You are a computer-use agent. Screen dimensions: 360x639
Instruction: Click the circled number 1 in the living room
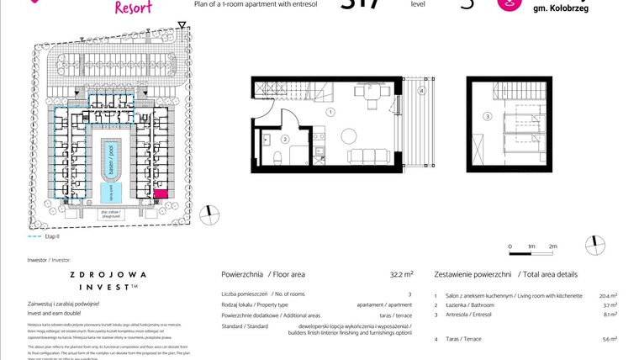point(331,112)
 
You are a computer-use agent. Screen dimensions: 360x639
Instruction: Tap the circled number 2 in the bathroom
point(286,139)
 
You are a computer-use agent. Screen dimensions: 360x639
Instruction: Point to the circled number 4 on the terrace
point(423,90)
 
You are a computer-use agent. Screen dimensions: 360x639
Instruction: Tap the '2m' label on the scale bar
point(552,246)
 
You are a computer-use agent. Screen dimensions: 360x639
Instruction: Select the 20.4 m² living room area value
point(608,296)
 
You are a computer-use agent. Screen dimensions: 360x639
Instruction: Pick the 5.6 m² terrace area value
point(608,339)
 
